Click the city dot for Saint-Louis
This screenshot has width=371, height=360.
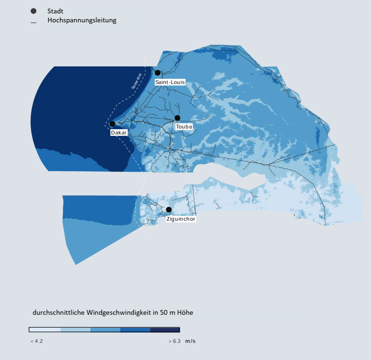click(158, 72)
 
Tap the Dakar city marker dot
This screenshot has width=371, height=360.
click(112, 124)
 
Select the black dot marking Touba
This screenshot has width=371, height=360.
click(177, 118)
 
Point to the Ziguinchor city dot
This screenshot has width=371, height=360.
click(169, 210)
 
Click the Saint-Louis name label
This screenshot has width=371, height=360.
click(170, 82)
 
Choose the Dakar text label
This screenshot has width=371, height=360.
click(119, 133)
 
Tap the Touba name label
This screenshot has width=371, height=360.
click(184, 127)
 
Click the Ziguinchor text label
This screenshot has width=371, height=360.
click(181, 219)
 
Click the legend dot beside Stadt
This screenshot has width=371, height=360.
click(34, 11)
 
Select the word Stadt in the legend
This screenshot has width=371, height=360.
click(55, 11)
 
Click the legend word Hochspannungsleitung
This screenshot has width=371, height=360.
click(82, 20)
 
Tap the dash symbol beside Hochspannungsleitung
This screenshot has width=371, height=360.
click(34, 23)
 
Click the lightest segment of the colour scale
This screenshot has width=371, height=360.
click(45, 330)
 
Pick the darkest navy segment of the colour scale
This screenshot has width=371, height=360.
click(165, 330)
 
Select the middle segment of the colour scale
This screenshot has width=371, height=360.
click(105, 330)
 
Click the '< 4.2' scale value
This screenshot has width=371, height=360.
click(37, 341)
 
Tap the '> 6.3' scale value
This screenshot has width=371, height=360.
click(174, 341)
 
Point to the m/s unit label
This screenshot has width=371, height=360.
click(190, 341)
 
